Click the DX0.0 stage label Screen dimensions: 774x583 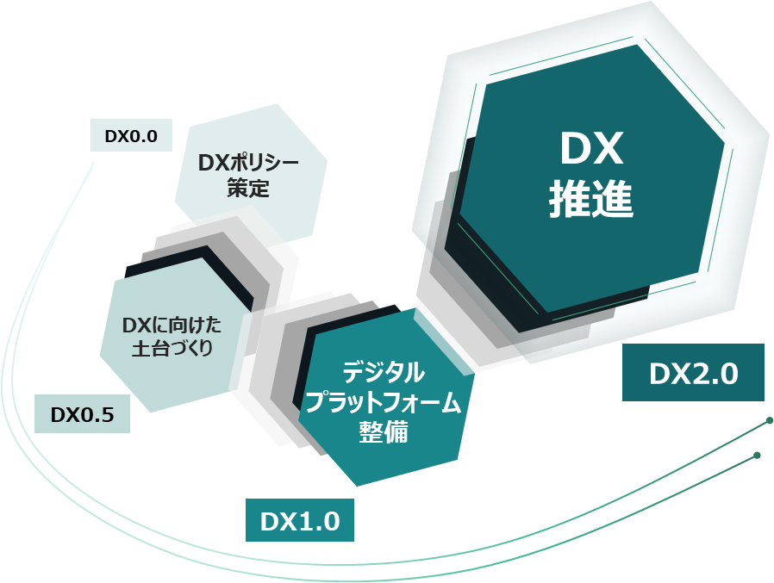point(131,135)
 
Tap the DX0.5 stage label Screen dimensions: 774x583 point(83,415)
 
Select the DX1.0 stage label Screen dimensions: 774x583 point(300,521)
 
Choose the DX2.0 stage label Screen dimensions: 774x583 point(693,373)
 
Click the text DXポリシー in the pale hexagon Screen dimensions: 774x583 point(249,162)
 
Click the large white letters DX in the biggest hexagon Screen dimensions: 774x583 point(591,152)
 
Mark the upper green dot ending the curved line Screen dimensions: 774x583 point(769,421)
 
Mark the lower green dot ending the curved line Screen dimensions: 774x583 point(757,455)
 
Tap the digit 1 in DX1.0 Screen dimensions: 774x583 point(303,521)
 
